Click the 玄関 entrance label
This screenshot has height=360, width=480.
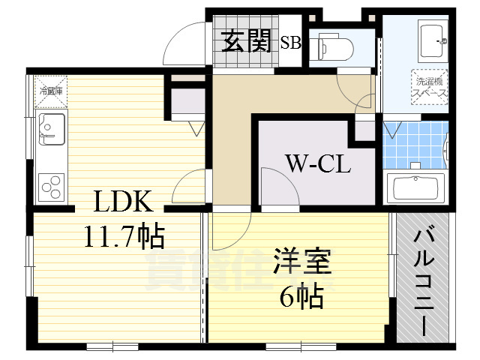246,42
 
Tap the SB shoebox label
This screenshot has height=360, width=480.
290,43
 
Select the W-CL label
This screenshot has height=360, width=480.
317,163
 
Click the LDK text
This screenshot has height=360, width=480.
123,202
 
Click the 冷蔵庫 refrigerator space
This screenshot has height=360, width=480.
51,91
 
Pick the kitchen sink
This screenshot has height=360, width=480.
50,130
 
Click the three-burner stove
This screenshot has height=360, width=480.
50,184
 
